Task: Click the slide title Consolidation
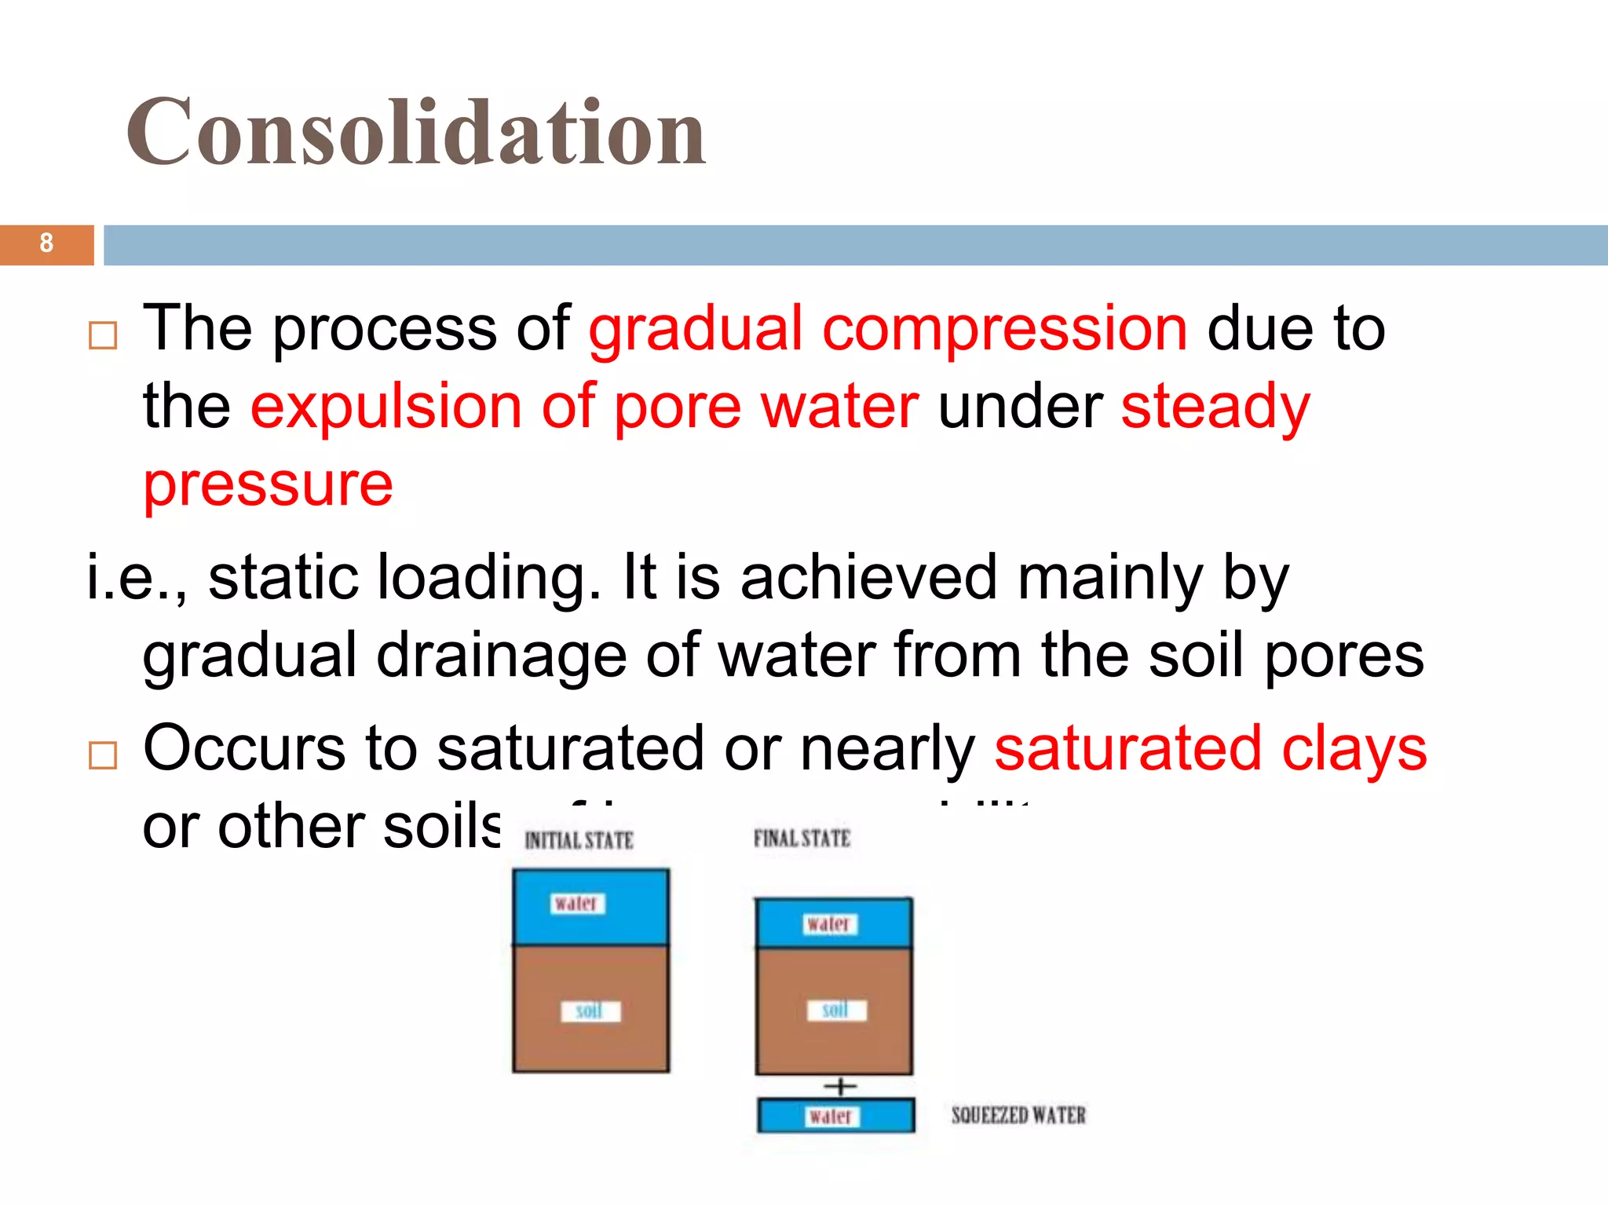click(x=416, y=132)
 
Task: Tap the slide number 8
click(x=46, y=243)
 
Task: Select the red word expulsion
click(x=386, y=406)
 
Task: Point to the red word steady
click(x=1215, y=406)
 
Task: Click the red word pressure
click(x=268, y=484)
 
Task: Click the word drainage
click(x=501, y=655)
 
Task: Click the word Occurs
click(x=244, y=748)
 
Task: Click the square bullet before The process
click(x=103, y=335)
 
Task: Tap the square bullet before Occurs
click(x=103, y=755)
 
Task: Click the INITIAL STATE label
click(x=579, y=841)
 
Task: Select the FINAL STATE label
click(x=802, y=839)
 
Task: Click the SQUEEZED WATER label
click(x=1018, y=1115)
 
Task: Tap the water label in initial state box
click(x=577, y=904)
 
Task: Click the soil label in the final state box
click(x=836, y=1010)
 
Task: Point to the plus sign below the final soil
click(x=840, y=1087)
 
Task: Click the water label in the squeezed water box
click(x=831, y=1116)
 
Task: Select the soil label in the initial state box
click(x=590, y=1010)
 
